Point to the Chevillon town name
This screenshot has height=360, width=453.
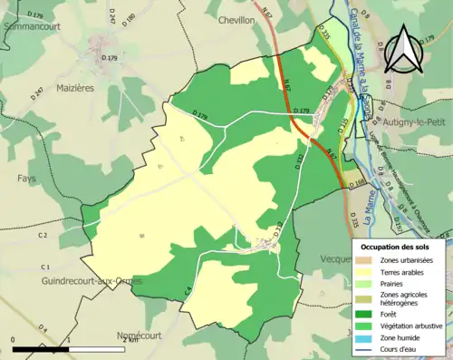pos(237,19)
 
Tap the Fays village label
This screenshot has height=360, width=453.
pos(26,179)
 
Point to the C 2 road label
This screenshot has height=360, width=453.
pos(42,235)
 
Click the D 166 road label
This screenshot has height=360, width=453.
pos(354,181)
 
